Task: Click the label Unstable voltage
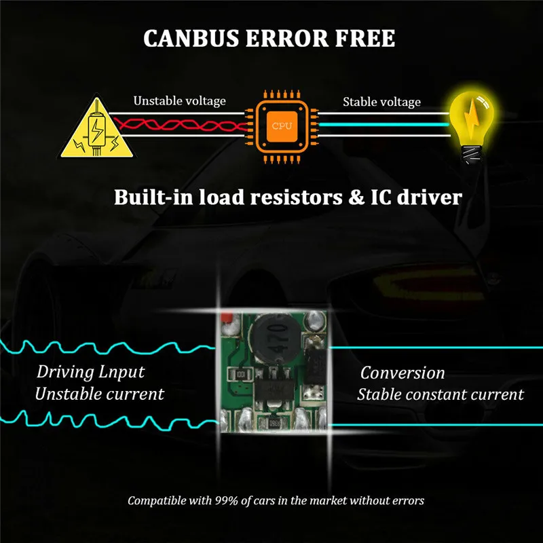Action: (x=179, y=101)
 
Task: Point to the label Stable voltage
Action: (x=381, y=102)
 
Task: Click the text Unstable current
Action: (x=99, y=394)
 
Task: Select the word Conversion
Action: (x=402, y=373)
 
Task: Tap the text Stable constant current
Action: (x=441, y=394)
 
